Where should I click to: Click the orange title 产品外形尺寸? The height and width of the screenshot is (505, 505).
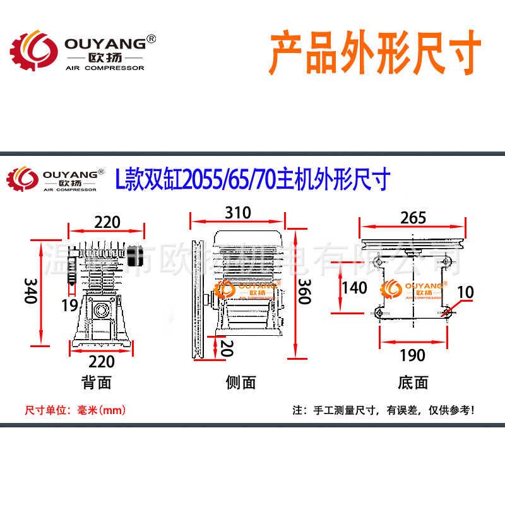click(376, 53)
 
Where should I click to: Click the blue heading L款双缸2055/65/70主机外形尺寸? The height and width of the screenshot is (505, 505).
click(252, 179)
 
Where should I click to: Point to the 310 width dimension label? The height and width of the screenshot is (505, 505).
click(238, 213)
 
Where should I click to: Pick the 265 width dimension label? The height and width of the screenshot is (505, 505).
click(413, 218)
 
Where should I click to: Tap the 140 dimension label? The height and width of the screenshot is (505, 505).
click(353, 288)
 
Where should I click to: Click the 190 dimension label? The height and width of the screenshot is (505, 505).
click(413, 355)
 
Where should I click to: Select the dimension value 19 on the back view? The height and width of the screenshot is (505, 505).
click(69, 306)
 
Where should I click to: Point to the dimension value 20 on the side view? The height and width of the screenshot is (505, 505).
click(225, 347)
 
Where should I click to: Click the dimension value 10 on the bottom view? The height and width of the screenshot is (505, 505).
click(465, 292)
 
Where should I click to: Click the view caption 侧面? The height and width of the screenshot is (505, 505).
click(241, 383)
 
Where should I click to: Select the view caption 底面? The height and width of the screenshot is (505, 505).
click(413, 383)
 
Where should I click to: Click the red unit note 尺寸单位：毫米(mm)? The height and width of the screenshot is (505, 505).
click(75, 410)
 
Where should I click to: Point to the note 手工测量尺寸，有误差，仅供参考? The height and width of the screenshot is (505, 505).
click(383, 410)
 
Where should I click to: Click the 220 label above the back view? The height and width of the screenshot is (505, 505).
click(107, 222)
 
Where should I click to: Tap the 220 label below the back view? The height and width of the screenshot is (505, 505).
click(101, 361)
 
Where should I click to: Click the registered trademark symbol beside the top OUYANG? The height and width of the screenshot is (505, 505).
click(151, 40)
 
